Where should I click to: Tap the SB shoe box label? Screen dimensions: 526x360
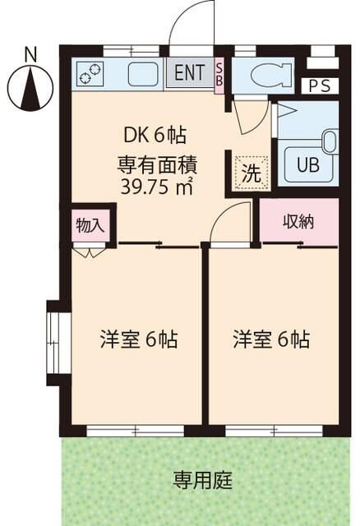[x=219, y=74]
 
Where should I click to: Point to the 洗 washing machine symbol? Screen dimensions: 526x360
[x=247, y=173]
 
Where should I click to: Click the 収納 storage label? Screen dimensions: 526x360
[x=298, y=221]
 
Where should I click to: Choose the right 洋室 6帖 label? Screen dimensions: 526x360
[x=270, y=338]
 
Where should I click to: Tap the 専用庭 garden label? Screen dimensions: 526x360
[x=195, y=479]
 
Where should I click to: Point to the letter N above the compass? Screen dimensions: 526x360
[x=30, y=54]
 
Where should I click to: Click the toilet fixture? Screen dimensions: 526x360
[x=268, y=75]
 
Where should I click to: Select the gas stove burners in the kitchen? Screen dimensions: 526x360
[x=89, y=74]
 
